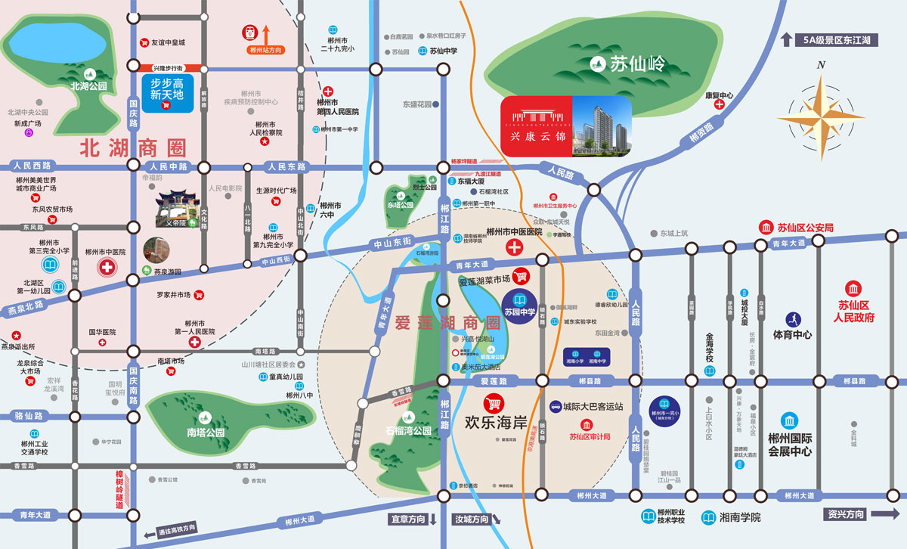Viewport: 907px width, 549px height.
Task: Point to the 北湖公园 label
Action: pyautogui.click(x=88, y=86)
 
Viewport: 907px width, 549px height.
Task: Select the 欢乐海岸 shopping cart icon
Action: pyautogui.click(x=495, y=403)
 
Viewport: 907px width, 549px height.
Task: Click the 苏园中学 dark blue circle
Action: pyautogui.click(x=525, y=306)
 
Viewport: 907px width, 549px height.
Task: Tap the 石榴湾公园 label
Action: pyautogui.click(x=408, y=430)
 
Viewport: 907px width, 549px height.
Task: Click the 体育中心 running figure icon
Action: pyautogui.click(x=792, y=318)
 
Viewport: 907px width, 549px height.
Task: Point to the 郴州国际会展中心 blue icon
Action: pyautogui.click(x=789, y=421)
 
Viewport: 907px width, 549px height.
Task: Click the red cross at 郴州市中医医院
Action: pyautogui.click(x=515, y=247)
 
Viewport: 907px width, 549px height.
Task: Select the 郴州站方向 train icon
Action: pyautogui.click(x=249, y=33)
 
